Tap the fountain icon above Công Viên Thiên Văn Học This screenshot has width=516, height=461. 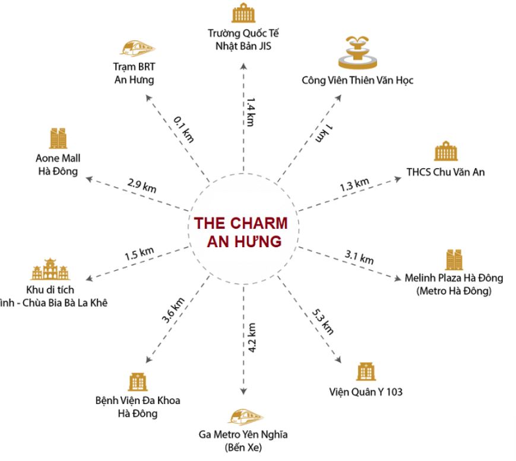point(359,53)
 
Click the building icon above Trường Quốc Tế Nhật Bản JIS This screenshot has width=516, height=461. point(242,13)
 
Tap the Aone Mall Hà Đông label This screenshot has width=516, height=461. point(58,163)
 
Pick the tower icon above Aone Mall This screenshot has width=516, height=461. point(58,138)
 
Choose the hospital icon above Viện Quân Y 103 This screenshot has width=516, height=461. point(365,371)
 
